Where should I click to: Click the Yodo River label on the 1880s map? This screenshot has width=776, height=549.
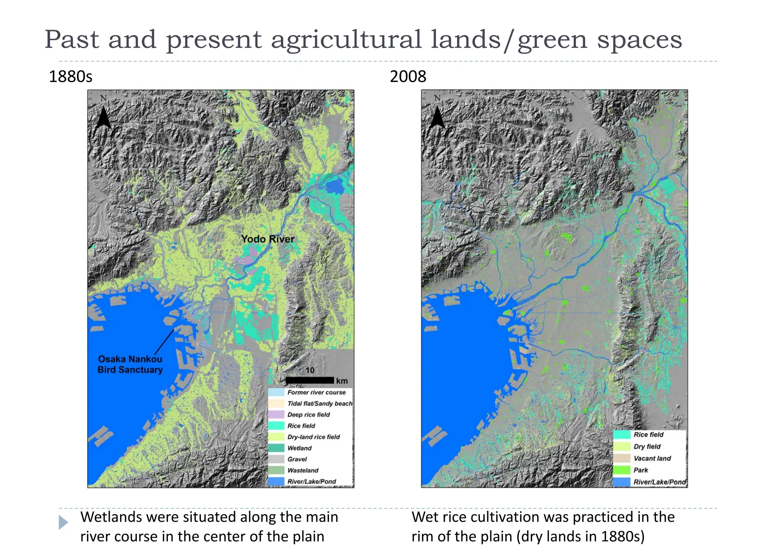[268, 239]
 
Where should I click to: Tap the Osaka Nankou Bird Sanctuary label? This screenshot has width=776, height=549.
[130, 364]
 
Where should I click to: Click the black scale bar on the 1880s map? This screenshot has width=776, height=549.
[310, 380]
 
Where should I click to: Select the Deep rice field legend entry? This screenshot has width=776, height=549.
[308, 415]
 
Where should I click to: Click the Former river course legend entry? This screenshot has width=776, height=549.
[316, 392]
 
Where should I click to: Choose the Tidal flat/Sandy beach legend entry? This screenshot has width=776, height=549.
[319, 404]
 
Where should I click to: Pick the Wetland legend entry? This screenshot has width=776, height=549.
[299, 448]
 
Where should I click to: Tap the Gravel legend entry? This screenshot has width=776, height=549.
[297, 460]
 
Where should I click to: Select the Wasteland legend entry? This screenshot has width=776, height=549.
[302, 471]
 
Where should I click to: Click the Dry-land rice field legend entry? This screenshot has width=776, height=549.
[313, 437]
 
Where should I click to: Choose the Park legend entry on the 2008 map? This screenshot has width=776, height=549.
[640, 470]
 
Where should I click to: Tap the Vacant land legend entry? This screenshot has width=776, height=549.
[652, 458]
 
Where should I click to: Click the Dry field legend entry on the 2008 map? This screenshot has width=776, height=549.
[646, 447]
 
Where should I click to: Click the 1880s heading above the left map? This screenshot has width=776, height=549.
[71, 77]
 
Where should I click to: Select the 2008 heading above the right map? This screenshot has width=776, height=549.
[408, 77]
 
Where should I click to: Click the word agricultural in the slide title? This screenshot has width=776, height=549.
[346, 40]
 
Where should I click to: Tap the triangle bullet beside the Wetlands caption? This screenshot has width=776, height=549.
[63, 522]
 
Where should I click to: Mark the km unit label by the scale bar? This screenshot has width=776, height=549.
[342, 381]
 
